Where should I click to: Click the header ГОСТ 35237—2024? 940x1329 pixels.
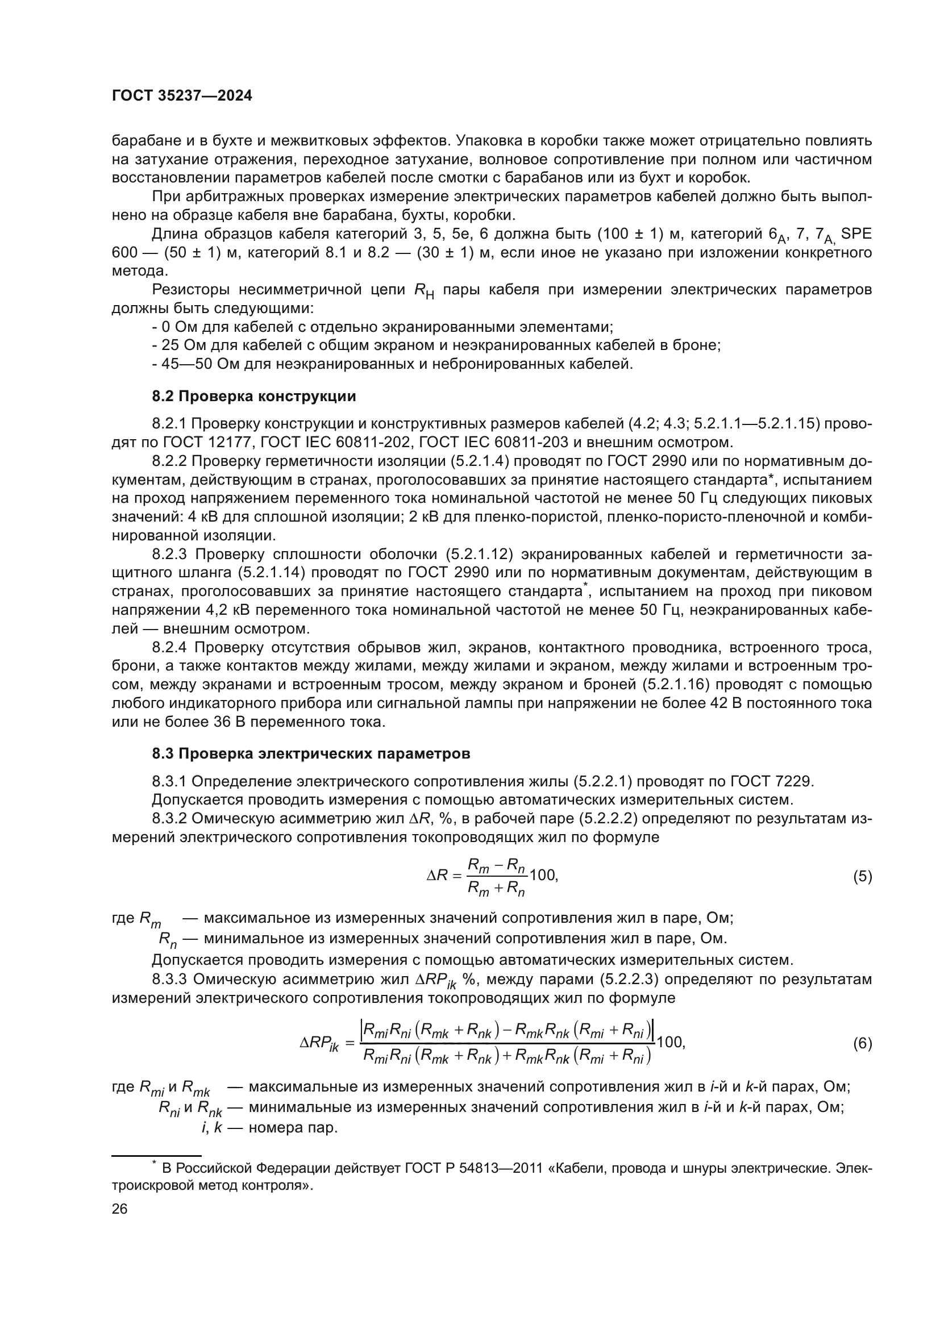coord(182,96)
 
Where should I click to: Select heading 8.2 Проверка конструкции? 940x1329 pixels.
coord(253,397)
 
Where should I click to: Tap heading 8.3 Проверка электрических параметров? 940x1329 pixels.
coord(311,753)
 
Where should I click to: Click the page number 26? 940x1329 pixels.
coord(119,1209)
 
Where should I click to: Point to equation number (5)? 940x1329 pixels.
coord(862,876)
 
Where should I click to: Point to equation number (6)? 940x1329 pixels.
coord(862,1044)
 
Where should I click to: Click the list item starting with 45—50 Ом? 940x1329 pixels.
coord(393,364)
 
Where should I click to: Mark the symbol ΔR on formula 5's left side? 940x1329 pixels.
coord(437,876)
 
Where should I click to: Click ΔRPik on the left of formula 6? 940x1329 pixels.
coord(319,1044)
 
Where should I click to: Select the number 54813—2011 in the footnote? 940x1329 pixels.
coord(501,1168)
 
